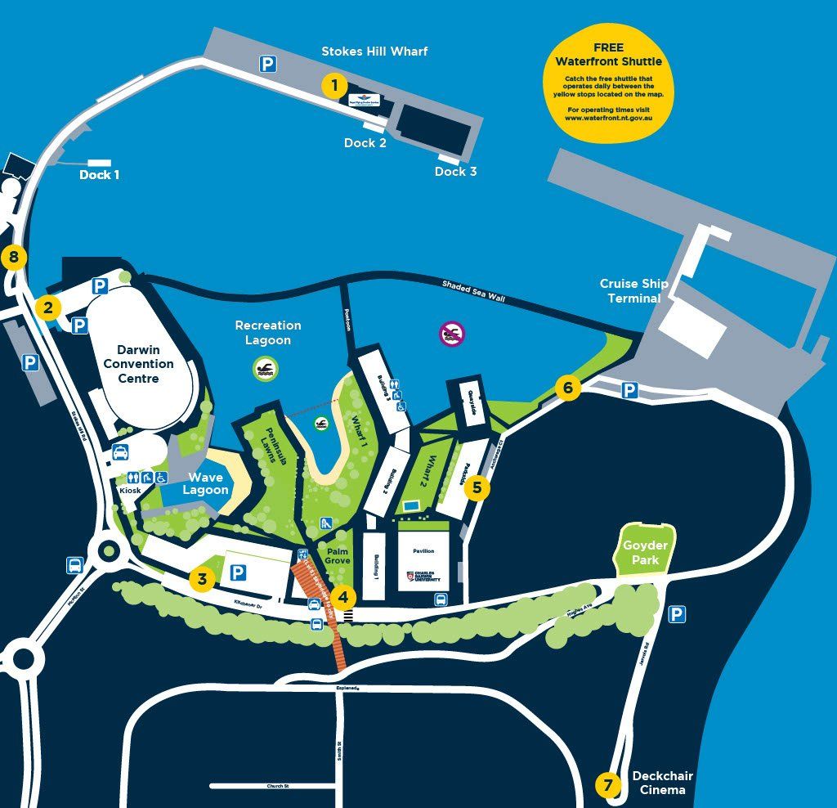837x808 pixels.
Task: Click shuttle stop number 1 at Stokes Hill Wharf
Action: pyautogui.click(x=333, y=85)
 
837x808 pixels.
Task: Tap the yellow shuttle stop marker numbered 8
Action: pyautogui.click(x=13, y=258)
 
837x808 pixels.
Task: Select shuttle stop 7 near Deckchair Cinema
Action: pyautogui.click(x=607, y=786)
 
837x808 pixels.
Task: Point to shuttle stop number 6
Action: pyautogui.click(x=568, y=388)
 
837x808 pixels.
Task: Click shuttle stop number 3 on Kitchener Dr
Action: pyautogui.click(x=202, y=579)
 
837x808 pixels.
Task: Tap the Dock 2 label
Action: pyautogui.click(x=365, y=143)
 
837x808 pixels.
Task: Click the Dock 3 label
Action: pyautogui.click(x=455, y=172)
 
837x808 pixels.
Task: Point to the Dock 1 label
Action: pyautogui.click(x=100, y=175)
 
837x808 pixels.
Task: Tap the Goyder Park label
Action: pyautogui.click(x=645, y=553)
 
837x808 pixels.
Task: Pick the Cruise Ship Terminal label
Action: pyautogui.click(x=633, y=290)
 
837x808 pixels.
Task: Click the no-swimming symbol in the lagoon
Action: pyautogui.click(x=451, y=333)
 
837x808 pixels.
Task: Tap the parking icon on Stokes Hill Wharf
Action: pyautogui.click(x=267, y=64)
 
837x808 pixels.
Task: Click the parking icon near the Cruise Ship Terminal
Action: pyautogui.click(x=629, y=391)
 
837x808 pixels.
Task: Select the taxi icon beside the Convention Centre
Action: pyautogui.click(x=119, y=452)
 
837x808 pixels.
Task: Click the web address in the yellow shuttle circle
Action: pyautogui.click(x=608, y=117)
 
